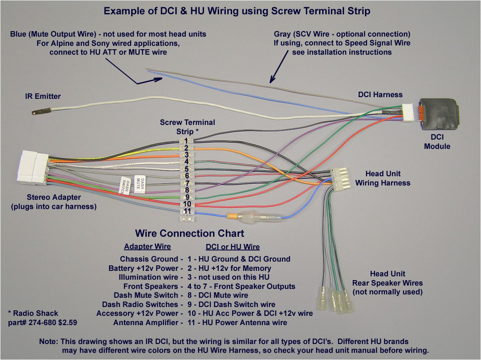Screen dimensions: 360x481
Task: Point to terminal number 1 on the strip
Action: point(186,140)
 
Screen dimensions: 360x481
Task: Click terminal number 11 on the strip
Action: point(187,211)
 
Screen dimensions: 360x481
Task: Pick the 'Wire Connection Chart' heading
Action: point(189,233)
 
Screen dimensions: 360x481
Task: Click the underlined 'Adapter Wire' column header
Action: point(147,247)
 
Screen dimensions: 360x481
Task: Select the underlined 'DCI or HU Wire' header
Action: point(233,247)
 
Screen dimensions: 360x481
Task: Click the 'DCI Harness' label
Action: point(380,95)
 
